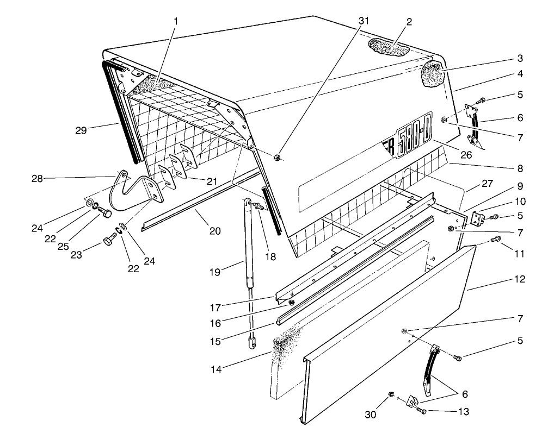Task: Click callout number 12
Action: (519, 279)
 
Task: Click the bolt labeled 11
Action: (495, 239)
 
